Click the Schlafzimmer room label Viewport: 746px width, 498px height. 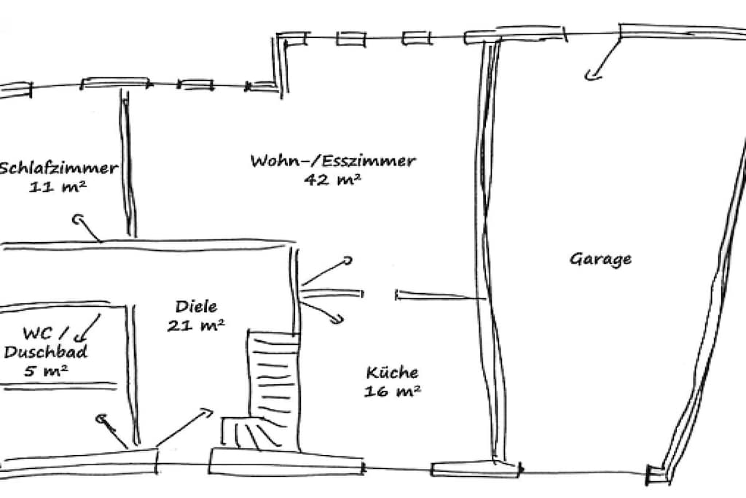tap(58, 168)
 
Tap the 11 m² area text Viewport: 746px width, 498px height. tap(58, 187)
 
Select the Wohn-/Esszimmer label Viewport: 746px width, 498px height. tap(333, 160)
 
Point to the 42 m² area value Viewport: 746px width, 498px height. tap(332, 179)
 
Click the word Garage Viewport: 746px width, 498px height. tap(600, 260)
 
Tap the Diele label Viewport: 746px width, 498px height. tap(196, 306)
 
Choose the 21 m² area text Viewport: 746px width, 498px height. tap(195, 325)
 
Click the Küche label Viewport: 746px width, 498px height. tap(393, 372)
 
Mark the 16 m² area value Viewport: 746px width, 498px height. tap(393, 391)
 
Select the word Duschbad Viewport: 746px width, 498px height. tap(46, 352)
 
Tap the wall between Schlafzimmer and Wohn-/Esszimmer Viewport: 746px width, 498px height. tap(129, 164)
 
